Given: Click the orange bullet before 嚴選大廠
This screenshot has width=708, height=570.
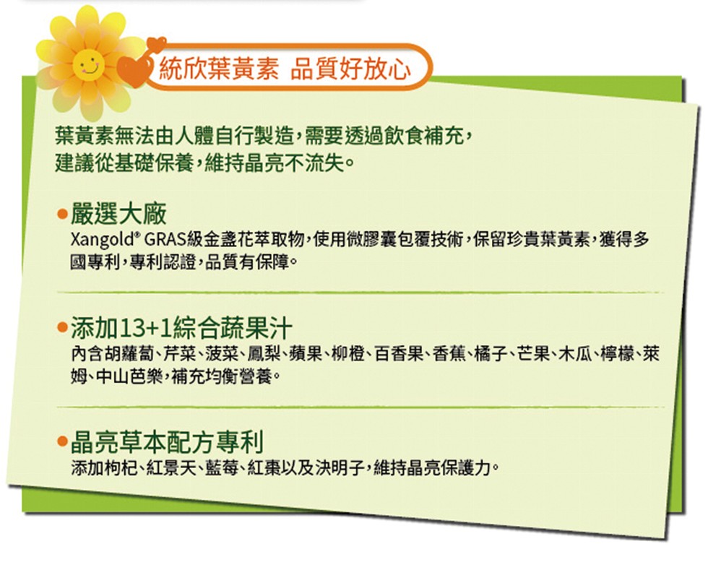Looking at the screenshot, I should point(62,214).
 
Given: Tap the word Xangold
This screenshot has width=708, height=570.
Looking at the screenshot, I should point(104,241).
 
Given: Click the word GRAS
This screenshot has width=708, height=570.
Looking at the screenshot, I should point(166,241).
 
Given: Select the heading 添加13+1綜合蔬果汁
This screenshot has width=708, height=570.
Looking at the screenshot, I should point(181,329).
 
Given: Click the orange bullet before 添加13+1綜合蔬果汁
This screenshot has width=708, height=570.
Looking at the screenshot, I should point(62,329).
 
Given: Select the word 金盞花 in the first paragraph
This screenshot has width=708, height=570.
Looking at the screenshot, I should point(232,241).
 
